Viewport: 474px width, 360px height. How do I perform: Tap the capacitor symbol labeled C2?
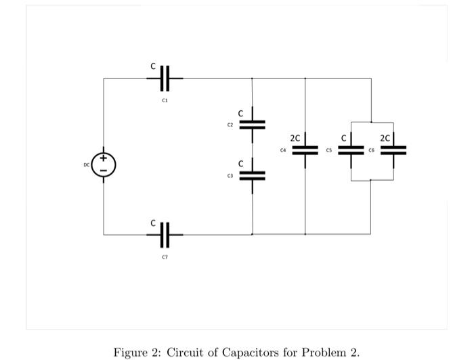pyautogui.click(x=252, y=125)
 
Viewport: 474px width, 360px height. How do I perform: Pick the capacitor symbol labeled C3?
pyautogui.click(x=252, y=176)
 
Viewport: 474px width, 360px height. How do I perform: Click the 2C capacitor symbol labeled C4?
pyautogui.click(x=305, y=150)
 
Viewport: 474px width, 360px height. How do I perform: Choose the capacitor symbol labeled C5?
pyautogui.click(x=351, y=150)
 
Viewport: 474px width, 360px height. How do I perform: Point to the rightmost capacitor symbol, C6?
pyautogui.click(x=393, y=150)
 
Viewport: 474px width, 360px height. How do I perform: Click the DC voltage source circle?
pyautogui.click(x=104, y=164)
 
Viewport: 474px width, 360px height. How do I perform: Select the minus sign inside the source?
pyautogui.click(x=104, y=170)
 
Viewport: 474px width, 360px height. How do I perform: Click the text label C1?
pyautogui.click(x=165, y=99)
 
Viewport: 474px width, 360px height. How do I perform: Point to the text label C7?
pyautogui.click(x=165, y=256)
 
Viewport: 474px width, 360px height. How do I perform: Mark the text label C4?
pyautogui.click(x=284, y=150)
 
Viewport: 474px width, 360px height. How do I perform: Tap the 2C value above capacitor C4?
pyautogui.click(x=295, y=138)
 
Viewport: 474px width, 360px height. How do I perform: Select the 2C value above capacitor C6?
pyautogui.click(x=385, y=138)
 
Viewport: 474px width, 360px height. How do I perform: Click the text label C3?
pyautogui.click(x=230, y=176)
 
